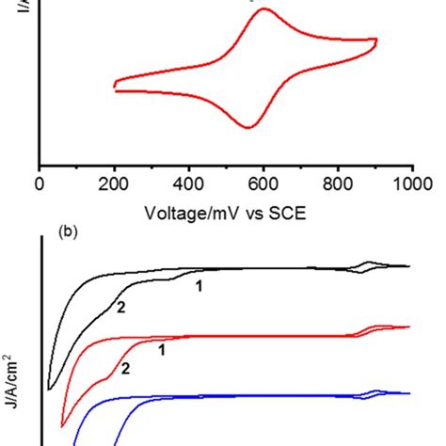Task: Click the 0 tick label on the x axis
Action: [x=39, y=183]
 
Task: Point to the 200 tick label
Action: [x=114, y=183]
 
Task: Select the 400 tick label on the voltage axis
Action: [x=188, y=183]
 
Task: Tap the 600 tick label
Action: [x=263, y=183]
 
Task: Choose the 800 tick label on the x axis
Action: [x=338, y=183]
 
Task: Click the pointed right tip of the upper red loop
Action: [x=376, y=40]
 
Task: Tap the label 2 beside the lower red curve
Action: [x=124, y=370]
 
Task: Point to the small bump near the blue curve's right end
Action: [x=375, y=390]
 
